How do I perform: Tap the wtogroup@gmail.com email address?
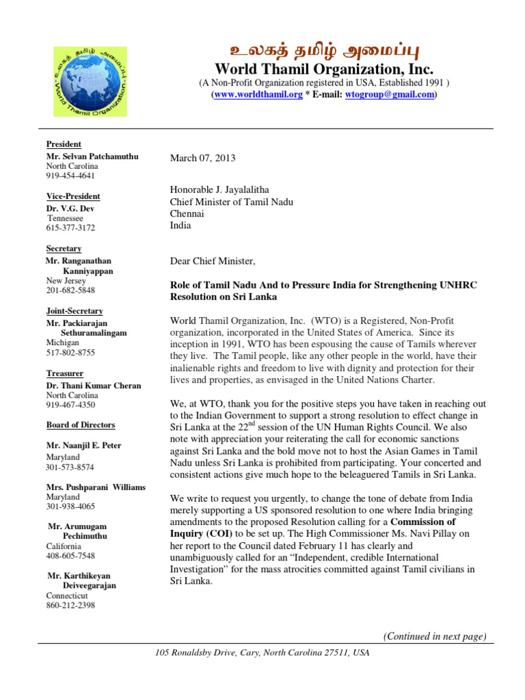(x=390, y=95)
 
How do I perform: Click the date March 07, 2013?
(x=202, y=158)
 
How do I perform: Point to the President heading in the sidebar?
(x=64, y=144)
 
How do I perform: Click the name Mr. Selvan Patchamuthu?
(x=92, y=156)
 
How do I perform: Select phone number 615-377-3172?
(x=70, y=228)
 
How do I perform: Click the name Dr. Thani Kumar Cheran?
(x=94, y=386)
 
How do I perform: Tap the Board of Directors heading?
(x=81, y=425)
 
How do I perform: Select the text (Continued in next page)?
(x=435, y=636)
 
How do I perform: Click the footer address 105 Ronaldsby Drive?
(x=262, y=654)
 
